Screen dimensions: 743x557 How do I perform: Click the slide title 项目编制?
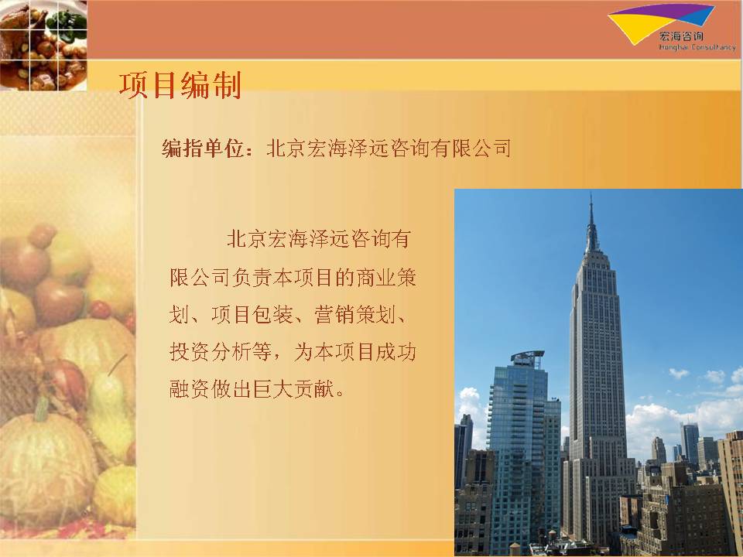point(180,85)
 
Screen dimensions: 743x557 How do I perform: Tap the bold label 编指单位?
point(203,149)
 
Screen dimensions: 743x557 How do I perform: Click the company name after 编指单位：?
point(389,149)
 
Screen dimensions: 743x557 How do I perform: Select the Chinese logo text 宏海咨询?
point(681,36)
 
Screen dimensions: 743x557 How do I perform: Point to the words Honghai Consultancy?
point(697,47)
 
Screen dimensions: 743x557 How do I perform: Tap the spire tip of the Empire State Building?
point(591,194)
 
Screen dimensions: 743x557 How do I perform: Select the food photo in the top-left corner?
point(43,45)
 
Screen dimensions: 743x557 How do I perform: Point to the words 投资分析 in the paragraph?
point(210,352)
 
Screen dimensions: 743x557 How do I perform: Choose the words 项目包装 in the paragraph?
point(252,315)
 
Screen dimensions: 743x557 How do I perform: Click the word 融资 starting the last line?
point(189,389)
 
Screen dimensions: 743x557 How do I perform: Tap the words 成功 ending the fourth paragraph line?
point(396,352)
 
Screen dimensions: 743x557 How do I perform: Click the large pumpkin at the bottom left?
point(46,466)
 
